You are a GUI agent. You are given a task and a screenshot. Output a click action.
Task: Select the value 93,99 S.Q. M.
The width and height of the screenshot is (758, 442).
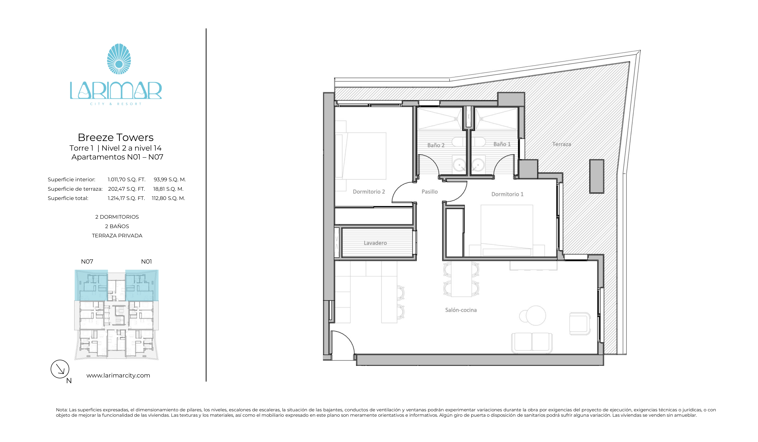pyautogui.click(x=170, y=179)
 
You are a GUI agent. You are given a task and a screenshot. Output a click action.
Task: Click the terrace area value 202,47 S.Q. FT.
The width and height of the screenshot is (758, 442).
pyautogui.click(x=126, y=189)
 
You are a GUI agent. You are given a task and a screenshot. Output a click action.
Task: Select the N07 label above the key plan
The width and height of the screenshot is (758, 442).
pyautogui.click(x=87, y=262)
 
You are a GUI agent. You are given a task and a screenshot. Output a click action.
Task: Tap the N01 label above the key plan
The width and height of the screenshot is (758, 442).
pyautogui.click(x=147, y=262)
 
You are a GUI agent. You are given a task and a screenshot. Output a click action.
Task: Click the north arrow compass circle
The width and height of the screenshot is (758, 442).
pyautogui.click(x=60, y=369)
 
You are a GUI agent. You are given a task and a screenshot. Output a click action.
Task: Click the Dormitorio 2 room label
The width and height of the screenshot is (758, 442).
pyautogui.click(x=369, y=192)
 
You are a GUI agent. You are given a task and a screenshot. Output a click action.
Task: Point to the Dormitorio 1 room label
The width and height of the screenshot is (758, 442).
pyautogui.click(x=507, y=194)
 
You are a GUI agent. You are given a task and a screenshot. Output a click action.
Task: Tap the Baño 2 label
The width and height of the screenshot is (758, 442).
pyautogui.click(x=436, y=145)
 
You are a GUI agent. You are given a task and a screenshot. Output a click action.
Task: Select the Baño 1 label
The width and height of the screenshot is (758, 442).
pyautogui.click(x=502, y=144)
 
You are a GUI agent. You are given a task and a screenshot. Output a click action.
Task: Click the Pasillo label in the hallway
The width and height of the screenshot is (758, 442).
pyautogui.click(x=429, y=192)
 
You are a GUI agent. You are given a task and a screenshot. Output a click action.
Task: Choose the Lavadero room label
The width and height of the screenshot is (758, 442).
pyautogui.click(x=375, y=243)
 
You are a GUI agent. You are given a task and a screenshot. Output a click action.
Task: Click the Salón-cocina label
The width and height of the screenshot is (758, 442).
pyautogui.click(x=461, y=310)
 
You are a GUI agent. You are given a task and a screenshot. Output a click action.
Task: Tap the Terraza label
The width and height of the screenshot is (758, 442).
pyautogui.click(x=561, y=144)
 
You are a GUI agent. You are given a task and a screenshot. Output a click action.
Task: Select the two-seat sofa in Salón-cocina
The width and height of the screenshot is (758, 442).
pyautogui.click(x=531, y=343)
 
